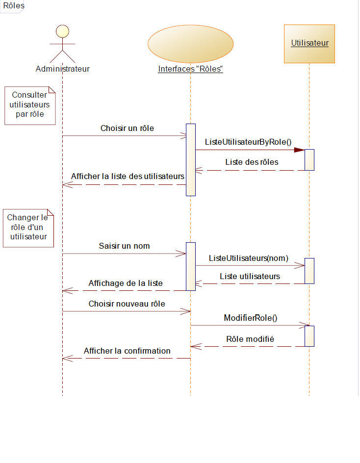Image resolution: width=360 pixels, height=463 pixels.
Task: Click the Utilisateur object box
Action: click(309, 44)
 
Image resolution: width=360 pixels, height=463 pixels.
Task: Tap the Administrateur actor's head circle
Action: click(62, 31)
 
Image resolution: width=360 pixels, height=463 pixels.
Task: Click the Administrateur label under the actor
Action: click(63, 69)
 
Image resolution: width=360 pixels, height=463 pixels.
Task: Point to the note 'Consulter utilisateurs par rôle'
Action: click(30, 105)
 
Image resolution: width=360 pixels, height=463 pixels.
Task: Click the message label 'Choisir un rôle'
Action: click(127, 129)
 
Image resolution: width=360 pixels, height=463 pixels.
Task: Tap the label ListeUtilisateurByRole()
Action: click(248, 142)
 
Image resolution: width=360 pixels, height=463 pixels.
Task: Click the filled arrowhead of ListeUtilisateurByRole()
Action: click(299, 150)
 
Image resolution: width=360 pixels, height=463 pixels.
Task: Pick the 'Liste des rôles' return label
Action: click(252, 162)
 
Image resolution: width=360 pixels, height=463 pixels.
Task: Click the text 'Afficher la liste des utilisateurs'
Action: click(128, 176)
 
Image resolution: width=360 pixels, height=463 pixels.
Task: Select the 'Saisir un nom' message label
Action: click(124, 246)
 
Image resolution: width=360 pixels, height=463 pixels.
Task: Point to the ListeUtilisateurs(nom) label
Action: click(249, 257)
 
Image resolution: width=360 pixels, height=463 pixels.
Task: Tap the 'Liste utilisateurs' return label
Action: click(250, 276)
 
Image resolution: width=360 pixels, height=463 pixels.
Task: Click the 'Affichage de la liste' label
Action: click(126, 283)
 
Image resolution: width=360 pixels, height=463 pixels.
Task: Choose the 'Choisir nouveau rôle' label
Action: click(127, 304)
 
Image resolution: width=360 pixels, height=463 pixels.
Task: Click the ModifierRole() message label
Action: click(251, 317)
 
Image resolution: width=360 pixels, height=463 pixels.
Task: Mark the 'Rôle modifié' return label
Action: click(250, 339)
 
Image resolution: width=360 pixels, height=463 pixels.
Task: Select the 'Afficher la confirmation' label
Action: click(127, 351)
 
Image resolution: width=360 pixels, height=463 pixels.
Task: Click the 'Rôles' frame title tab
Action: click(10, 6)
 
